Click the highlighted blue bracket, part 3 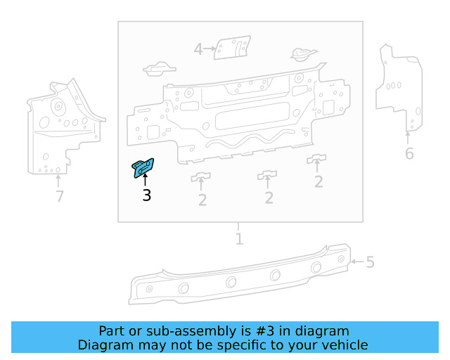pos(144,167)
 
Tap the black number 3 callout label pos(146,195)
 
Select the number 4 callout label pos(198,49)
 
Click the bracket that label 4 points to pos(231,49)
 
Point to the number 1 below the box pos(239,239)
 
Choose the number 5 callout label pos(370,263)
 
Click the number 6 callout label pos(409,154)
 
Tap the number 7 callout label pos(60,197)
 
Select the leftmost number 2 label pos(202,200)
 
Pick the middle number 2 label pos(269,198)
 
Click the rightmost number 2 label pos(319,182)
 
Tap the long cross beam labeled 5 pos(239,278)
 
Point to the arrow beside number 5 pos(357,262)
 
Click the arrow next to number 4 pos(210,49)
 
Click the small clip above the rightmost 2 pos(317,157)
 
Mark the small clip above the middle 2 pos(268,174)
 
